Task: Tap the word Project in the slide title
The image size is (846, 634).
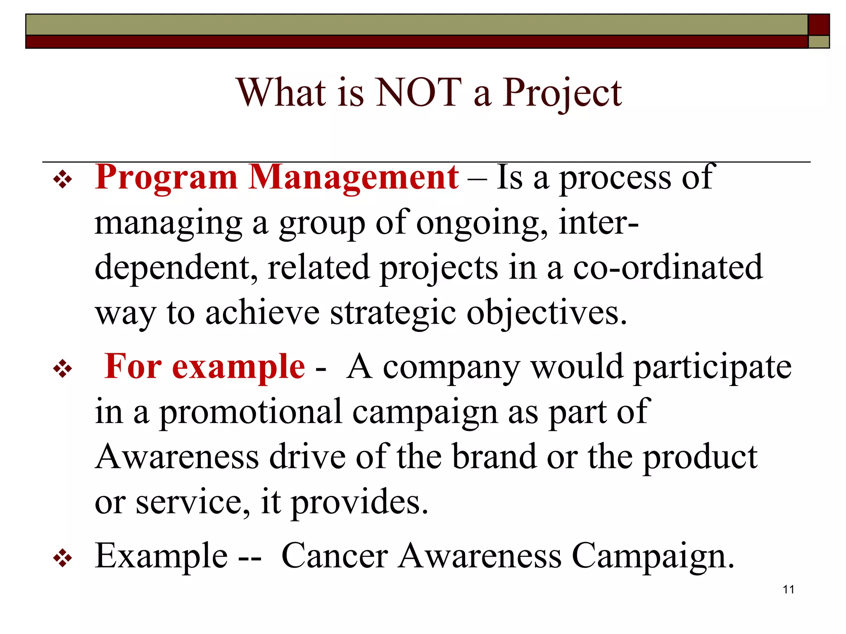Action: pos(562,94)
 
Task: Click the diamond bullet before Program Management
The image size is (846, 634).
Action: pos(63,180)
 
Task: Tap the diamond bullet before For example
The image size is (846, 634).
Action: pos(63,369)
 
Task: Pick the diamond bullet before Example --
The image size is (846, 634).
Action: pos(63,558)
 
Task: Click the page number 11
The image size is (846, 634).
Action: pos(788,589)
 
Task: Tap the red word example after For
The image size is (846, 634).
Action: pos(238,367)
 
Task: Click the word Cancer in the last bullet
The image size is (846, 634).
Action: pos(335,556)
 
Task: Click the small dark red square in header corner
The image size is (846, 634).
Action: pos(818,25)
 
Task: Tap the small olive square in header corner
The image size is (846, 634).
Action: pos(818,42)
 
